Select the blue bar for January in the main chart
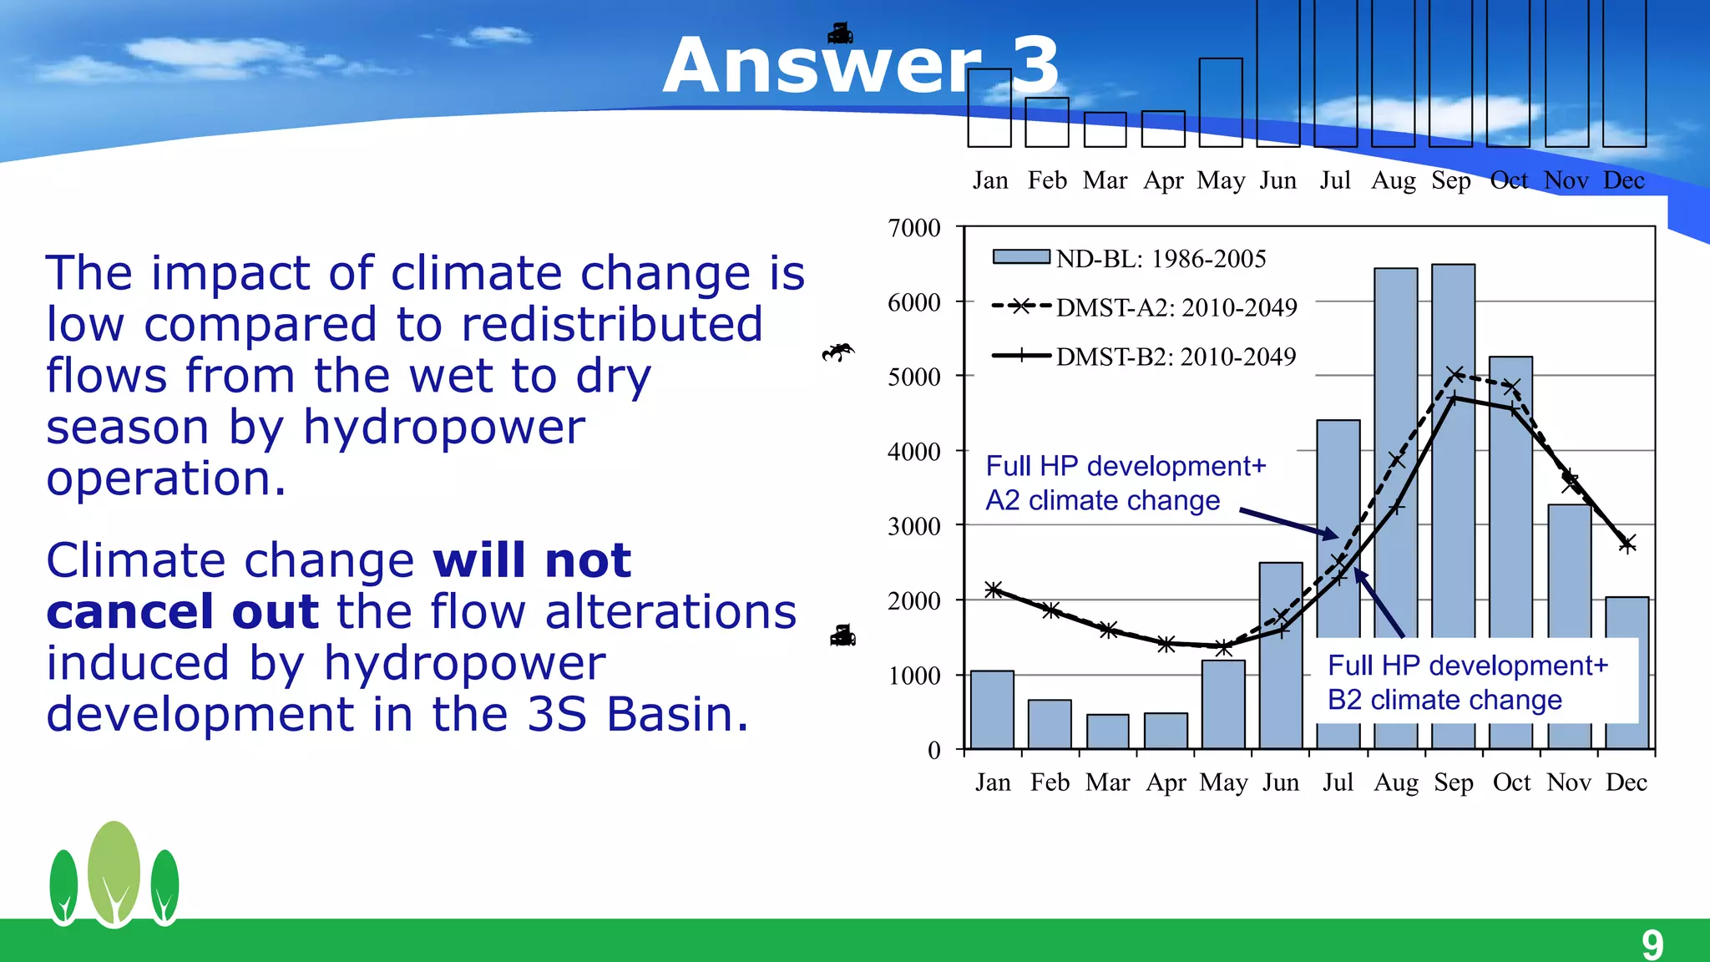click(992, 710)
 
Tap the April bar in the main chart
click(1166, 731)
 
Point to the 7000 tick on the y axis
click(914, 228)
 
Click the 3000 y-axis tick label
click(914, 526)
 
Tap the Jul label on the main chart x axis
click(1338, 782)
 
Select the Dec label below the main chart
click(1627, 782)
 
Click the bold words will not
click(532, 559)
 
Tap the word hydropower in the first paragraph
click(443, 427)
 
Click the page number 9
click(1652, 944)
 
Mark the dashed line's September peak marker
click(1455, 374)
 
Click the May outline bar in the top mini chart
click(1221, 102)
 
